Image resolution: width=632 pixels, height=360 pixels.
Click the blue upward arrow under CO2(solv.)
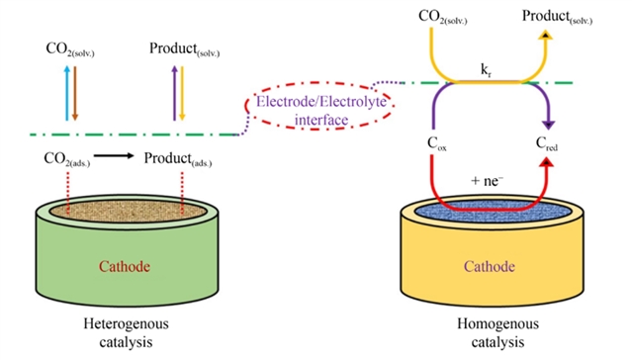click(x=67, y=93)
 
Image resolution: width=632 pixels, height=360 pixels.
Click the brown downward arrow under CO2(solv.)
click(x=75, y=93)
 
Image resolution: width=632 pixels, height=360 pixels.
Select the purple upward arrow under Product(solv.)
click(x=174, y=93)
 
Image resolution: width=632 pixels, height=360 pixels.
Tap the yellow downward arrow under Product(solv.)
click(x=182, y=93)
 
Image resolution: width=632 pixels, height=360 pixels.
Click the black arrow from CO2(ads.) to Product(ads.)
click(x=114, y=155)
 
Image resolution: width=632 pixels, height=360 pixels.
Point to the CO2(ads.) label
click(x=67, y=159)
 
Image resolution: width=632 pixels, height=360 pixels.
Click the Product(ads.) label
click(x=178, y=159)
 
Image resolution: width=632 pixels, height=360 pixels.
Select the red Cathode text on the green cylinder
click(x=125, y=266)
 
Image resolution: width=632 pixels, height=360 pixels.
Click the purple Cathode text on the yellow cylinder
click(x=489, y=266)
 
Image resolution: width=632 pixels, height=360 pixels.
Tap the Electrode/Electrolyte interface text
click(x=321, y=111)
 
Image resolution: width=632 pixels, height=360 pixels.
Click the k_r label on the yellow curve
click(x=486, y=70)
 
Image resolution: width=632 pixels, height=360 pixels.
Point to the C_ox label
click(x=437, y=143)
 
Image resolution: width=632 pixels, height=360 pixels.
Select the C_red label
click(x=547, y=143)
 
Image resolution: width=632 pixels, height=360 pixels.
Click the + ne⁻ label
click(x=487, y=181)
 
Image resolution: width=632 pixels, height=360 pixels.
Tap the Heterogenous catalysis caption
click(x=127, y=333)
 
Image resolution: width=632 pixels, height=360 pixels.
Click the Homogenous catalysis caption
click(x=497, y=333)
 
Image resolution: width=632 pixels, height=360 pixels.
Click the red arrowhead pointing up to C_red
click(x=547, y=162)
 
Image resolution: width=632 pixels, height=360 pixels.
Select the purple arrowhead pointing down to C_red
click(x=548, y=125)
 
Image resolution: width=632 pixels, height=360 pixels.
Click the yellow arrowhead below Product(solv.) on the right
click(x=545, y=35)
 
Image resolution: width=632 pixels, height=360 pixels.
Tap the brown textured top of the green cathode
click(x=128, y=212)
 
